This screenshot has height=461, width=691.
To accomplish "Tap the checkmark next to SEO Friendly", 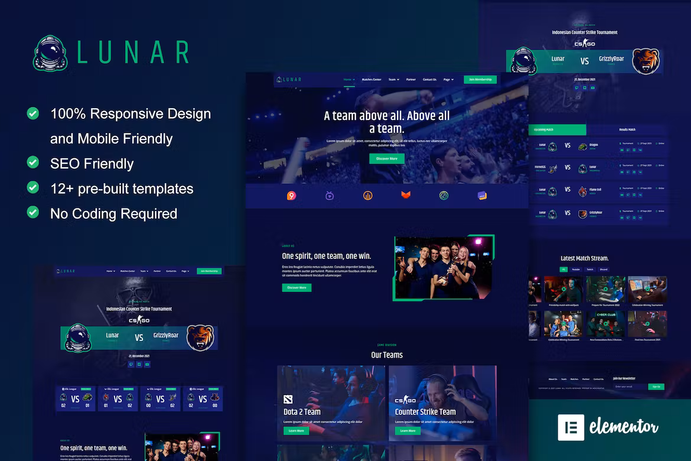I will tap(33, 162).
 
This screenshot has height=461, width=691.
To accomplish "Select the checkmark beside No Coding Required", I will tap(33, 212).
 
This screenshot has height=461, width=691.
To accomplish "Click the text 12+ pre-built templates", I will tap(122, 189).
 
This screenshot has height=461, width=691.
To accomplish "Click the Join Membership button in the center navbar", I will tap(480, 79).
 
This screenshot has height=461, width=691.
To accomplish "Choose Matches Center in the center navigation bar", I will tap(371, 79).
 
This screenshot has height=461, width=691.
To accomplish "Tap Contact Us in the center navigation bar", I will tap(429, 79).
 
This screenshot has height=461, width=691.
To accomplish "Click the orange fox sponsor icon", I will tap(405, 195).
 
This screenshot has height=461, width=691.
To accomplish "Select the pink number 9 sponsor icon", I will tap(291, 196).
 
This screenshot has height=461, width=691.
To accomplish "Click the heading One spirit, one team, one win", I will tap(327, 256).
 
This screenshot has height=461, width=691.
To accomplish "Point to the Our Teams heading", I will tap(387, 355).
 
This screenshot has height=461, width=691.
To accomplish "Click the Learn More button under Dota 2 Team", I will tap(296, 431).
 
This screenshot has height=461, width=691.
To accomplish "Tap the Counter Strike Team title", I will tap(425, 411).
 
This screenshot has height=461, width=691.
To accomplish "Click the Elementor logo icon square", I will tap(571, 427).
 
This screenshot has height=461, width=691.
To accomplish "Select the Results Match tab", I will tap(627, 129).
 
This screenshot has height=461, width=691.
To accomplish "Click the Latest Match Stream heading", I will tap(584, 258).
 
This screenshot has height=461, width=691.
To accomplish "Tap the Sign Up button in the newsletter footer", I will tap(656, 387).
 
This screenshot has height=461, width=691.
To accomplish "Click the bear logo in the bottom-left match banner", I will tap(200, 337).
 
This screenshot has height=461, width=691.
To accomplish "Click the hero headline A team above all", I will tap(386, 122).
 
